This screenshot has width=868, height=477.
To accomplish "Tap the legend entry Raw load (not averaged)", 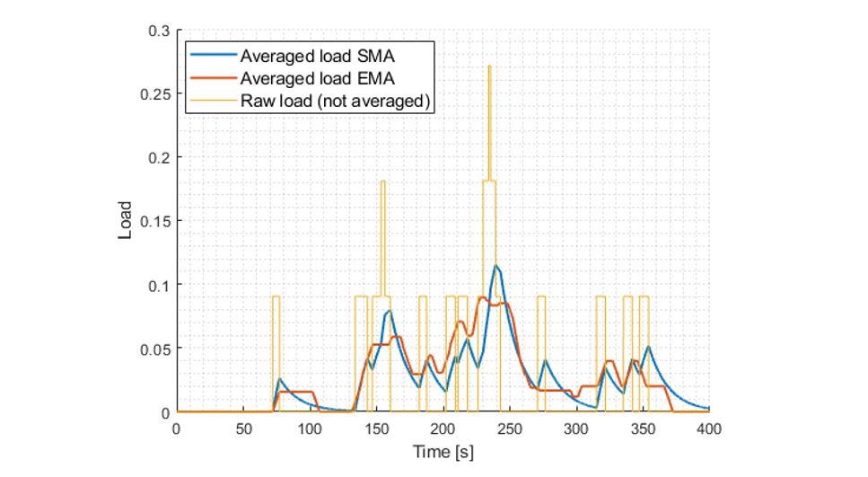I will [x=333, y=102].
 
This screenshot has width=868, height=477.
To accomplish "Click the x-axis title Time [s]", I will [x=443, y=453].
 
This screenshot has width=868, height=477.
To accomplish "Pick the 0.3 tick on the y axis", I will [x=159, y=31].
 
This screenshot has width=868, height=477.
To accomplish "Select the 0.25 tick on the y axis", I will [x=154, y=93].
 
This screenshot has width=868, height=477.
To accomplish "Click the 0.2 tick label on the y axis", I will [x=159, y=157].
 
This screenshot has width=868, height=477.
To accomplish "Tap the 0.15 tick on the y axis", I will [x=154, y=221].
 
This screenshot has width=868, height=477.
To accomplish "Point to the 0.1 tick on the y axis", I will [x=159, y=285].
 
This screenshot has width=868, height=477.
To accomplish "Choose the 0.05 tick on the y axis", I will [x=154, y=349].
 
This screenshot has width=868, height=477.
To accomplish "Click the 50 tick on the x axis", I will [x=242, y=428].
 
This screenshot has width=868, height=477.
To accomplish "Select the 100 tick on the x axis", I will [x=310, y=428].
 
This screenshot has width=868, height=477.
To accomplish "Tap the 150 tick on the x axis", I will [x=376, y=428].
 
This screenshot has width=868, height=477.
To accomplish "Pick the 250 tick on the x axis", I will [x=510, y=428].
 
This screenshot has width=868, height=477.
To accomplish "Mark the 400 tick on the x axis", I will [x=709, y=428].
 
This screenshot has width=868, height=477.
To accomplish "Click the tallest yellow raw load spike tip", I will [x=489, y=66].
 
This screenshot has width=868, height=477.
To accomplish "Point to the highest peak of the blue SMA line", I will [x=495, y=266].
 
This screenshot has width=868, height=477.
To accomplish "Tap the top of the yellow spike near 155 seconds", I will [x=382, y=181].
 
